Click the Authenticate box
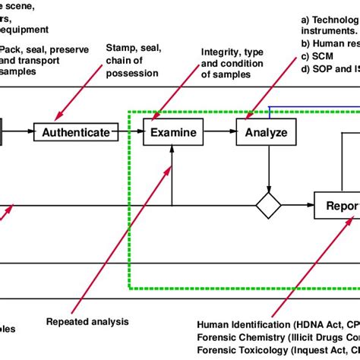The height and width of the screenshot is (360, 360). (76, 132)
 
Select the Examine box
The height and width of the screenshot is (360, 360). (173, 132)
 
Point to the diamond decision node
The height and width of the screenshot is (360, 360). (268, 204)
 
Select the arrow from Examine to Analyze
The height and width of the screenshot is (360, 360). (221, 132)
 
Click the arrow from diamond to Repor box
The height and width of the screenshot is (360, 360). (298, 204)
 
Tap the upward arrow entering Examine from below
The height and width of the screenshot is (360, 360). (173, 175)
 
